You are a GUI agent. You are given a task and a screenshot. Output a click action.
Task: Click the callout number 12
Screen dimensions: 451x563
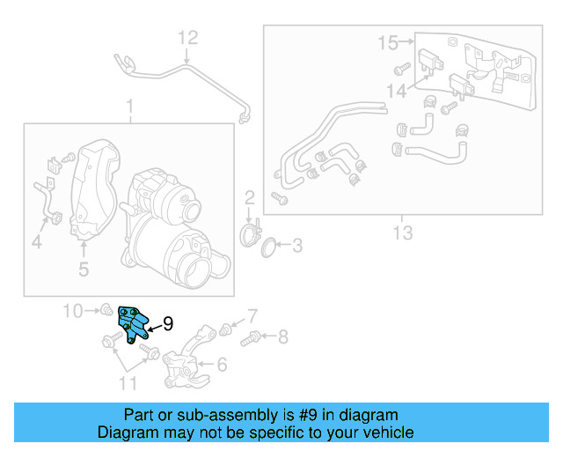coord(189,38)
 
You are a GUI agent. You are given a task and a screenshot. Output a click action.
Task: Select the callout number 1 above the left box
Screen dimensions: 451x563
coord(129,107)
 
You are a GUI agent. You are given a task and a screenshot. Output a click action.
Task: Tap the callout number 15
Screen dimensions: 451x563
coord(388,41)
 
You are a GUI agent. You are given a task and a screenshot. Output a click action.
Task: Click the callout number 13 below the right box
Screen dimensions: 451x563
coord(401,233)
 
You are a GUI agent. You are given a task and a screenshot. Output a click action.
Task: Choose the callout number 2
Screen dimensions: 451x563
coord(249,197)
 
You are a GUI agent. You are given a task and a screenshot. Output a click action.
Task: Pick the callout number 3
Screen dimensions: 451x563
coord(296,246)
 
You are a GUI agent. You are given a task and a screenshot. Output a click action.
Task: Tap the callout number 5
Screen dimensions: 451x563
coord(83,269)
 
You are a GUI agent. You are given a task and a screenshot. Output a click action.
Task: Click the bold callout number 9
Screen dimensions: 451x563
coord(168,324)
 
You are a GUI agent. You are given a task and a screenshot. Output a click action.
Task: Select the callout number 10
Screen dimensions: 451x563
coord(72,310)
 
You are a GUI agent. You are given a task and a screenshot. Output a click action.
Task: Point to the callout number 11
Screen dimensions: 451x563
coord(128,382)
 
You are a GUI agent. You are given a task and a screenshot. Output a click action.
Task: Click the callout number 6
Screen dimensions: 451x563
coord(221,364)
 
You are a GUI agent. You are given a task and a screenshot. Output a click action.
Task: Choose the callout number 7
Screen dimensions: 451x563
coord(252,315)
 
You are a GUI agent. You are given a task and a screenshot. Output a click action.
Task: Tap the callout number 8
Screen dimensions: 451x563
coord(282,336)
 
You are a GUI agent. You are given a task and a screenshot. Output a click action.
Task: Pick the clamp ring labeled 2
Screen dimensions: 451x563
coord(251,235)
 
